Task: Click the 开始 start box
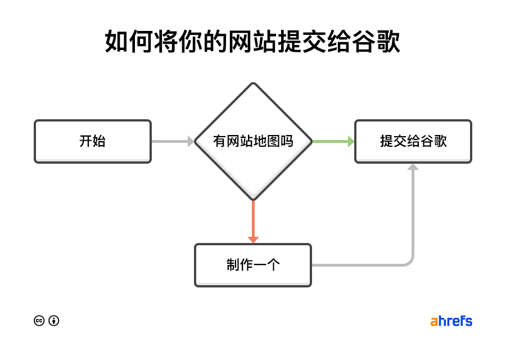coord(93,141)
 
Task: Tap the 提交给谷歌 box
coord(413,141)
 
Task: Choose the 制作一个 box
coord(253,265)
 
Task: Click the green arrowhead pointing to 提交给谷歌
coord(351,141)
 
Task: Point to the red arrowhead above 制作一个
coord(253,240)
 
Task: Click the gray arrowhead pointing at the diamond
coord(191,141)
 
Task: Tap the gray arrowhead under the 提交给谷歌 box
coord(413,167)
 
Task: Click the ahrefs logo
coord(451,321)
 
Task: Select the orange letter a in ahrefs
coord(434,322)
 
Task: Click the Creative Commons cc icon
coord(39,321)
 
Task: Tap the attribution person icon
coord(54,321)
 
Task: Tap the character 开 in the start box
coord(85,141)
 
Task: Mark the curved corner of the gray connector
coord(410,261)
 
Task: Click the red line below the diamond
coord(253,217)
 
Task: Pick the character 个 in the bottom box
coord(273,265)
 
